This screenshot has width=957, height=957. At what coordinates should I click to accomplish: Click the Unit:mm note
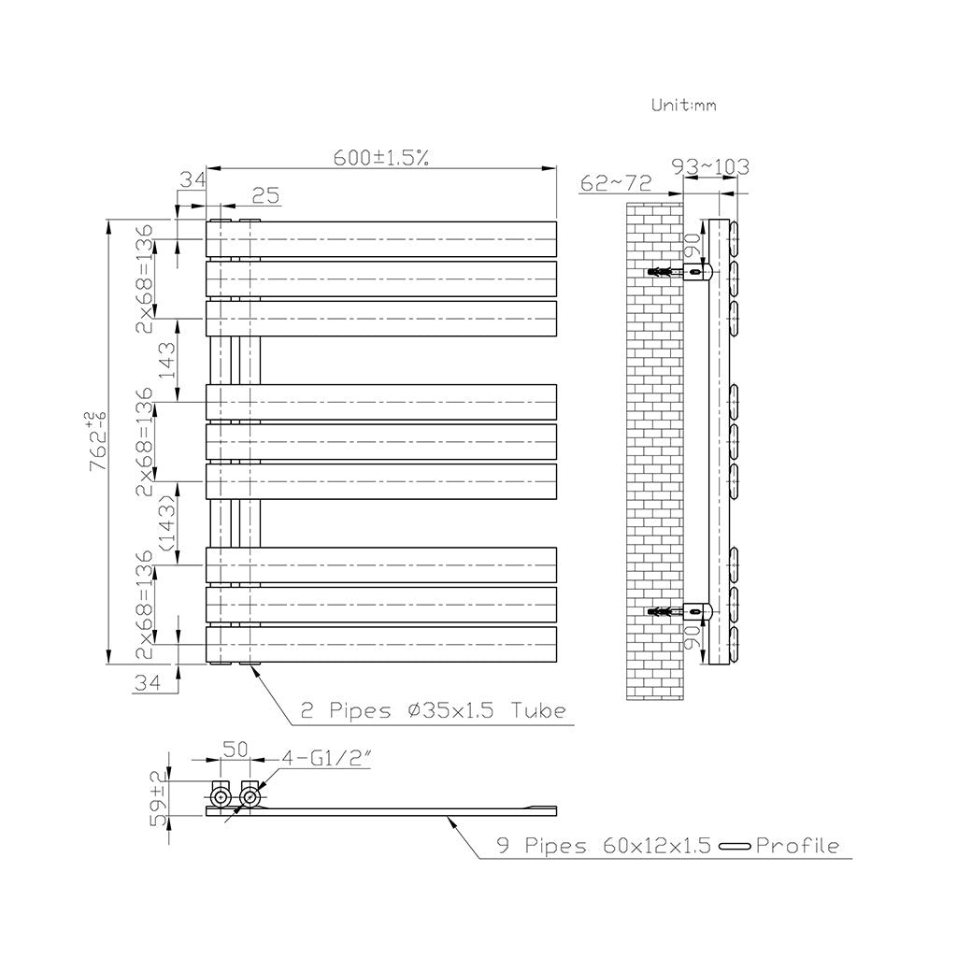tap(683, 106)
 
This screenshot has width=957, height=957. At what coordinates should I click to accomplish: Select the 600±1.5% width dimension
tap(381, 158)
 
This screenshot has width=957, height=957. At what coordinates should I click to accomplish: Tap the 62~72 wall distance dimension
tap(614, 182)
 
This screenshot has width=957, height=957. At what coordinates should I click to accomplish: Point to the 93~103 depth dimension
tap(711, 167)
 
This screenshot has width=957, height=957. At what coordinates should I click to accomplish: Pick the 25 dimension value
tap(265, 194)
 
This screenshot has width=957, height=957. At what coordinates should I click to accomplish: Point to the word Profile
tap(797, 847)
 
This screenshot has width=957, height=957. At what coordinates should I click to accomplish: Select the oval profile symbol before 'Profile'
tap(736, 848)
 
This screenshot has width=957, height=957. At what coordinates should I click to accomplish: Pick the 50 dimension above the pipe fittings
tap(234, 750)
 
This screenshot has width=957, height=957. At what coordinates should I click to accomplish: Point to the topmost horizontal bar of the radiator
tap(381, 238)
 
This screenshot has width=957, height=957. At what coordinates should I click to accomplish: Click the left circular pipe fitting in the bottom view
tap(221, 797)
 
